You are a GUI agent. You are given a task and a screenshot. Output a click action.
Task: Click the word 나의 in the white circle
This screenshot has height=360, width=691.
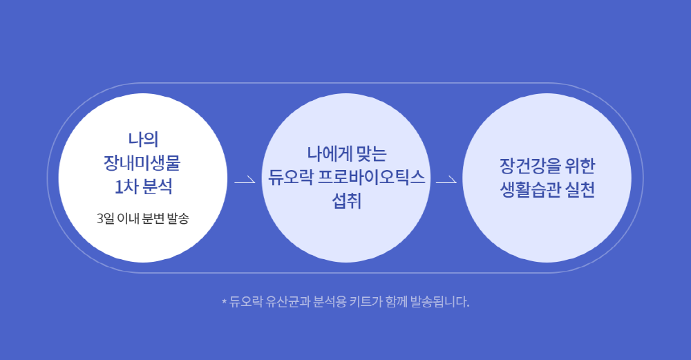click(143, 140)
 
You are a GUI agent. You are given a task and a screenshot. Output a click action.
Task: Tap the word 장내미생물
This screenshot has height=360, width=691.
click(142, 163)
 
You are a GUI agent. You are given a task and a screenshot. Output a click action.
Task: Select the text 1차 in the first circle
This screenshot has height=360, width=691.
click(124, 187)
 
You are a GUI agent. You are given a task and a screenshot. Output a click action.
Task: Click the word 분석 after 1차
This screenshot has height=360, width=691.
click(158, 187)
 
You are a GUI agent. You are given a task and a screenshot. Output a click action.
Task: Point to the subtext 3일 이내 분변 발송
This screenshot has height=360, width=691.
click(143, 218)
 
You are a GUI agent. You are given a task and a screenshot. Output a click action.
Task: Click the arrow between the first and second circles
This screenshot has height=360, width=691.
click(245, 180)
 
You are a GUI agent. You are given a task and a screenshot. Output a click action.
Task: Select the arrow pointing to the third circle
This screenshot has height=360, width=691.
click(446, 180)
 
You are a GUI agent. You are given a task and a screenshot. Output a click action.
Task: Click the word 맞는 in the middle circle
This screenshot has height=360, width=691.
click(372, 154)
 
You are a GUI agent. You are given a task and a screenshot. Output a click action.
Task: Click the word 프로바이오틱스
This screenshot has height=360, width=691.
click(372, 177)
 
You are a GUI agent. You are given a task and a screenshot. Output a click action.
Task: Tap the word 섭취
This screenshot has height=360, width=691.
click(346, 201)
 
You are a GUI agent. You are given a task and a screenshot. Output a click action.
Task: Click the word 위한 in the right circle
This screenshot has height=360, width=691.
click(580, 166)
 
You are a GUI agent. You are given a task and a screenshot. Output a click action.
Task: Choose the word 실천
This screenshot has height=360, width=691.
click(580, 189)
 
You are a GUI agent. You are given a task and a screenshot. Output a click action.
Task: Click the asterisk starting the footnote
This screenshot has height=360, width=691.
click(224, 301)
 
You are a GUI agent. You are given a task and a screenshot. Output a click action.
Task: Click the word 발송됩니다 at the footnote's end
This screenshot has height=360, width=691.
click(439, 302)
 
